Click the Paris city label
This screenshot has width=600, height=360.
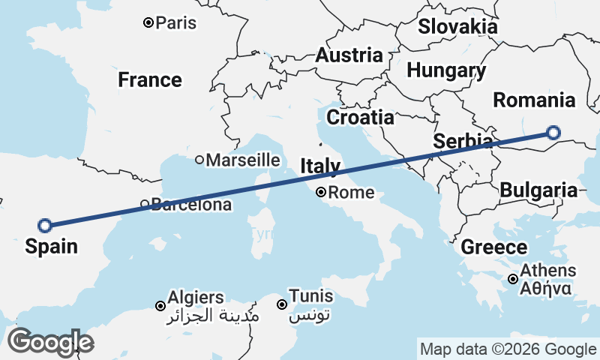click(x=176, y=22)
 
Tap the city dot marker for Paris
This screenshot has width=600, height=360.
click(x=148, y=22)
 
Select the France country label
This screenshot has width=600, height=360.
click(x=150, y=79)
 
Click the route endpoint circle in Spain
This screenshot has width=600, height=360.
click(x=44, y=224)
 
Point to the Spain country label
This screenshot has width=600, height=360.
click(x=51, y=245)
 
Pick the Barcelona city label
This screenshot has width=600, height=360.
click(x=190, y=204)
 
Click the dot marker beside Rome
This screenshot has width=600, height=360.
click(x=321, y=192)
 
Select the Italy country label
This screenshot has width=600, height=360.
click(x=321, y=166)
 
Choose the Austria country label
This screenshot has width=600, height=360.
click(x=349, y=55)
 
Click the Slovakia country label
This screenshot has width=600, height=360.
click(x=457, y=27)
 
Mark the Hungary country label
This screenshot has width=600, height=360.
click(x=446, y=70)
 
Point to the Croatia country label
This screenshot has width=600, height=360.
click(x=360, y=117)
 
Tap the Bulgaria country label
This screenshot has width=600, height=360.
click(x=538, y=190)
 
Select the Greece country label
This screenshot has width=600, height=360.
click(x=493, y=247)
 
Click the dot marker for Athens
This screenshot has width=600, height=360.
click(x=512, y=279)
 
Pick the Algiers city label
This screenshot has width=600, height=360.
click(x=196, y=296)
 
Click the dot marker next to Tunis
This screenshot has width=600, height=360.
click(x=282, y=304)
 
